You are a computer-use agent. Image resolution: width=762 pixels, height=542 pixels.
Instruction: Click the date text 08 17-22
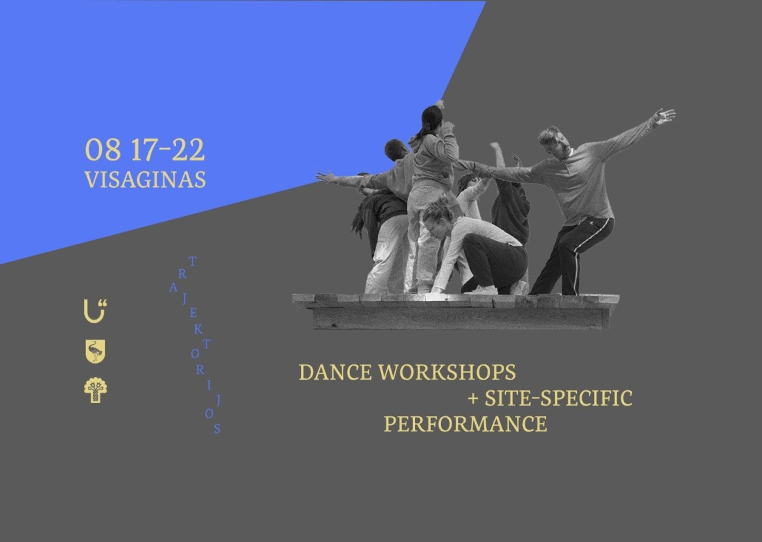pyautogui.click(x=145, y=150)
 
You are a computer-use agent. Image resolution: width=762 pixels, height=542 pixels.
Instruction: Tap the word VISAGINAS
pyautogui.click(x=145, y=179)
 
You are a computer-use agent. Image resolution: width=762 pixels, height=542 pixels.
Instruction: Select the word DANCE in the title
pyautogui.click(x=335, y=372)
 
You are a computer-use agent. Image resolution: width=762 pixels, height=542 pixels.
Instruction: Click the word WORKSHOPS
pyautogui.click(x=447, y=372)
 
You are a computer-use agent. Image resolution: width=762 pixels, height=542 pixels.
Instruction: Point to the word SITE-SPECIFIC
pyautogui.click(x=558, y=398)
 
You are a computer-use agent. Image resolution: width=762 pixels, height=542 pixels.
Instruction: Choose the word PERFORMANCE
pyautogui.click(x=466, y=424)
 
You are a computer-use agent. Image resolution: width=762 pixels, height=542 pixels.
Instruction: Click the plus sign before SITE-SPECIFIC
pyautogui.click(x=473, y=400)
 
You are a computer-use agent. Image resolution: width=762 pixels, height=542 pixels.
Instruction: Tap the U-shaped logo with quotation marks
pyautogui.click(x=95, y=311)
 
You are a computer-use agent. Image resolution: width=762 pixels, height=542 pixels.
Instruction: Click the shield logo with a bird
pyautogui.click(x=95, y=351)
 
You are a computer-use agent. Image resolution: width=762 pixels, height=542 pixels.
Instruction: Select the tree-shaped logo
pyautogui.click(x=95, y=390)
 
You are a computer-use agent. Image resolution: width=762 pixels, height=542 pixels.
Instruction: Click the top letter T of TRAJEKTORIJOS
pyautogui.click(x=192, y=262)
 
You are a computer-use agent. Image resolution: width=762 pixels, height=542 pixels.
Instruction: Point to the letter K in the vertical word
pyautogui.click(x=198, y=330)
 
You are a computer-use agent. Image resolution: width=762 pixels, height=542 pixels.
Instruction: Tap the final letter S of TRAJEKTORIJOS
pyautogui.click(x=216, y=428)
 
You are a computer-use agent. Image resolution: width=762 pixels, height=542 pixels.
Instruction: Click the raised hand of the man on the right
pyautogui.click(x=665, y=116)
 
